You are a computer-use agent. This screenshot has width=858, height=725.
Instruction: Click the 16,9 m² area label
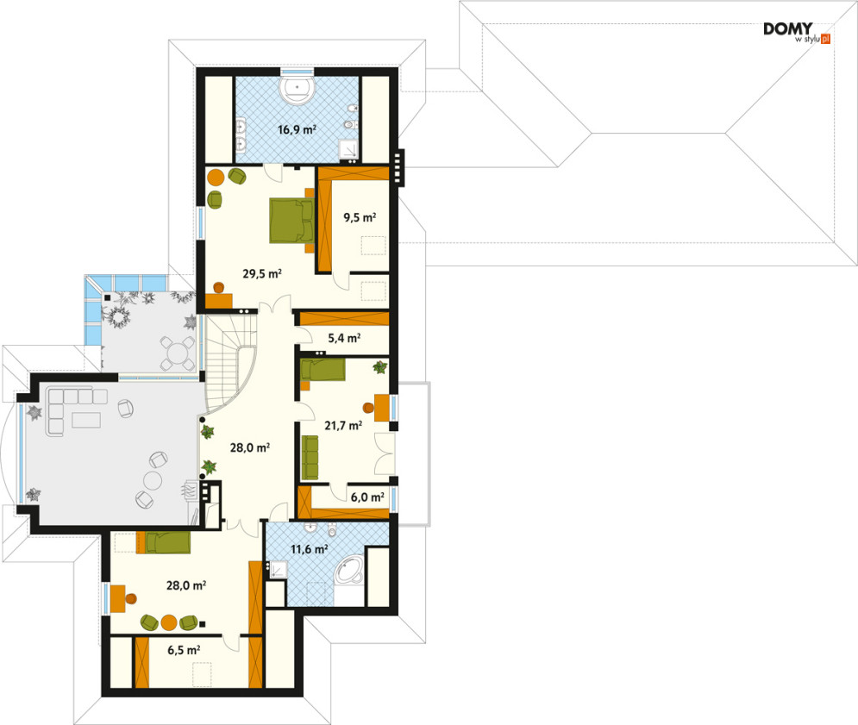[x=297, y=129]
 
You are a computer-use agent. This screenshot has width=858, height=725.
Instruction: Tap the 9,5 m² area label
[x=360, y=217]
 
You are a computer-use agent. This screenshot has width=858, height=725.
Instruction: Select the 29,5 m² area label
[x=262, y=273]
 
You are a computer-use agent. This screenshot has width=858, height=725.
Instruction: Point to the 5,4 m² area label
[x=344, y=338]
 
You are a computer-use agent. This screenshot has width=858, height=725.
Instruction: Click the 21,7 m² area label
[x=343, y=425]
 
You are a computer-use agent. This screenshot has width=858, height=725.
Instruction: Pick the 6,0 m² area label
[x=367, y=497]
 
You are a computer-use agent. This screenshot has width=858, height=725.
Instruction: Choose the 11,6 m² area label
[x=310, y=548]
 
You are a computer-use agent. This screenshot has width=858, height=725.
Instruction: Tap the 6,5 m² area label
[x=184, y=650]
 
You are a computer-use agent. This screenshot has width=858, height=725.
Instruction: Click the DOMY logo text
[x=788, y=28]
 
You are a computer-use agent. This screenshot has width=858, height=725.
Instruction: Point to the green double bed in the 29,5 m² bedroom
[x=291, y=221]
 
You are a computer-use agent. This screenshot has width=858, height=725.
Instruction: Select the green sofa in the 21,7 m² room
[x=310, y=458]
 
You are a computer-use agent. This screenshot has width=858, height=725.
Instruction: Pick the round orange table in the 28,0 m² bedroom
[x=169, y=622]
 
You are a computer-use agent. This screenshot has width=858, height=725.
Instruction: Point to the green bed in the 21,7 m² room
[x=323, y=370]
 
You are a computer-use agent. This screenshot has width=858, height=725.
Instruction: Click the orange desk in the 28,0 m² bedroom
[x=117, y=598]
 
